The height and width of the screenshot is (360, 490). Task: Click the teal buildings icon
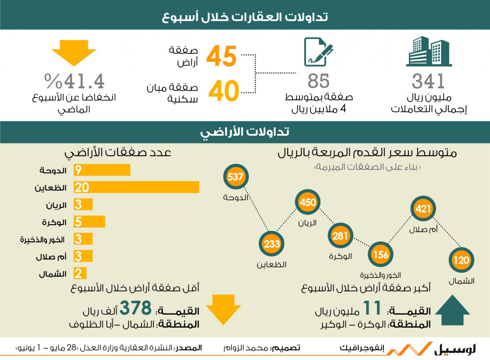click(429, 51)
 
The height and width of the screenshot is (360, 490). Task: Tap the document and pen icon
click(318, 52)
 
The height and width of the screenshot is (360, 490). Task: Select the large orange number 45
click(221, 56)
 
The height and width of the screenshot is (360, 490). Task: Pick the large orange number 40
click(224, 91)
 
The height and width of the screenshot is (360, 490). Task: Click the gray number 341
click(428, 81)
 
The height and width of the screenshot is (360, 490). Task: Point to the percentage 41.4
click(74, 81)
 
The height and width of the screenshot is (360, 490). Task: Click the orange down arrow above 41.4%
click(74, 53)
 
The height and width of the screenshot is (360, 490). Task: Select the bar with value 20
click(136, 187)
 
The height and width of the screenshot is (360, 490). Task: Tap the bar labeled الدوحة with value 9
click(102, 170)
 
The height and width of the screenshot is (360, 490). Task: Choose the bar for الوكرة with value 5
click(89, 221)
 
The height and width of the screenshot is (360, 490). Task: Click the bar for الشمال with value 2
click(80, 273)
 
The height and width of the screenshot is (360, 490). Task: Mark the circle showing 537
click(236, 177)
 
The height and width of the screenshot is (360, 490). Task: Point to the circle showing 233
click(272, 244)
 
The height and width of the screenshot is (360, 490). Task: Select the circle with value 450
click(307, 202)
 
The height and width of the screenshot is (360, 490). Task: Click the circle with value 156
click(381, 254)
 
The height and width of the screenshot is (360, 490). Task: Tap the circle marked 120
click(461, 260)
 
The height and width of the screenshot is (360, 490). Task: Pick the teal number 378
click(136, 307)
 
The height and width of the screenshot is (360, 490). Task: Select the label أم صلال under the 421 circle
click(423, 229)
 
